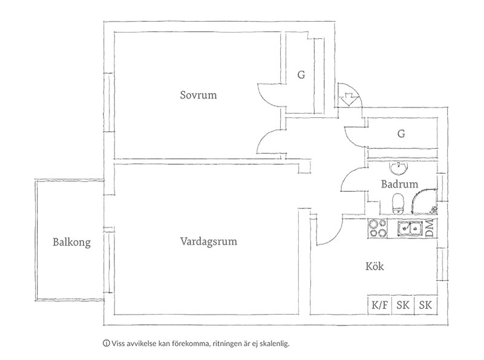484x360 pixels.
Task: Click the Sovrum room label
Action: (198, 95)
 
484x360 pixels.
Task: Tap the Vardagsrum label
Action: (208, 241)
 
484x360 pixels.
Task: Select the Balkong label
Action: (71, 243)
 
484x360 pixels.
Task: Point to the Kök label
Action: (375, 266)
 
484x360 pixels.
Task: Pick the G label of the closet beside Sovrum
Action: (300, 75)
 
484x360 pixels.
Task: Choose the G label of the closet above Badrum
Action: (401, 134)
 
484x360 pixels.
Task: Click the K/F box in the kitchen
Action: (380, 305)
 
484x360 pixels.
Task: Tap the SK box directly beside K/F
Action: (402, 305)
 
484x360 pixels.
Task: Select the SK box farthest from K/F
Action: (425, 305)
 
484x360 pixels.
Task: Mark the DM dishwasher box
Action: (430, 228)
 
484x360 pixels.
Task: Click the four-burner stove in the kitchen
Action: (378, 228)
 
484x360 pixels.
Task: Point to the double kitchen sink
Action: (410, 228)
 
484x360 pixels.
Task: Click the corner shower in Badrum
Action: (425, 200)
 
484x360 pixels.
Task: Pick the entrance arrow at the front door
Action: (349, 97)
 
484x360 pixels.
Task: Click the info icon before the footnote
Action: (106, 343)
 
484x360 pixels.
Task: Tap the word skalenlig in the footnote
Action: (275, 344)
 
